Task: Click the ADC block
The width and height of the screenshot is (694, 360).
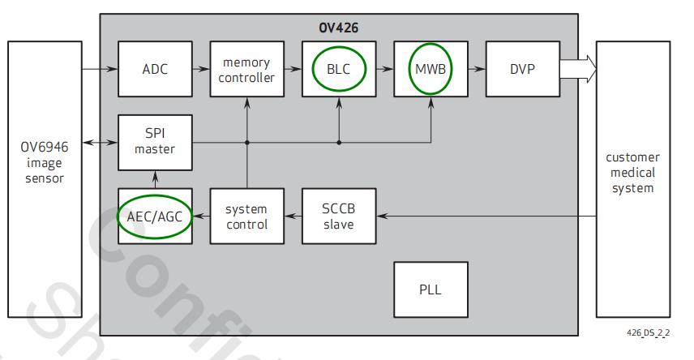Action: click(x=155, y=69)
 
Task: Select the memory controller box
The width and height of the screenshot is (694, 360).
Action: click(x=246, y=69)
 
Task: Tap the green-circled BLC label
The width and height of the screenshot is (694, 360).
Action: click(x=339, y=69)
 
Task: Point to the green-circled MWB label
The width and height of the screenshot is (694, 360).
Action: click(x=431, y=69)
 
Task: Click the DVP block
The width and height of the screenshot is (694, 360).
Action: click(x=523, y=69)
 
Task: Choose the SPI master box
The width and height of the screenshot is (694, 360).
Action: click(x=155, y=142)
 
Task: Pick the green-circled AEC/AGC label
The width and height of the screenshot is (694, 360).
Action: click(x=155, y=216)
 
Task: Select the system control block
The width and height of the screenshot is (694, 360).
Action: click(x=246, y=216)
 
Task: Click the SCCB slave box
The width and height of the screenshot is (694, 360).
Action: click(x=339, y=216)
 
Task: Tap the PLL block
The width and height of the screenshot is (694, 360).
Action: click(x=431, y=289)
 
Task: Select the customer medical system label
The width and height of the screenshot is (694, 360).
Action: click(x=633, y=172)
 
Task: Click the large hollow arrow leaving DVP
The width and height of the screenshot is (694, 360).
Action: click(x=577, y=69)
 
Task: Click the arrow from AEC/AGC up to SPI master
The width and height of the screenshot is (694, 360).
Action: click(x=155, y=179)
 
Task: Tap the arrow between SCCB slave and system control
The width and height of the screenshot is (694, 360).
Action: click(x=293, y=216)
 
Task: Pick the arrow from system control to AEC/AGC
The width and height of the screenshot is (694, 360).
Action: click(x=201, y=216)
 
